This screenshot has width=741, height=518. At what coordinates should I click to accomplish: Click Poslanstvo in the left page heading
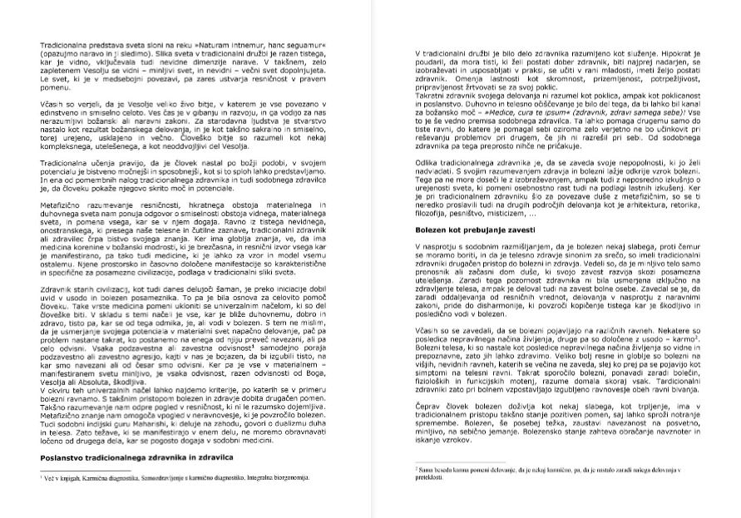[65, 457]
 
